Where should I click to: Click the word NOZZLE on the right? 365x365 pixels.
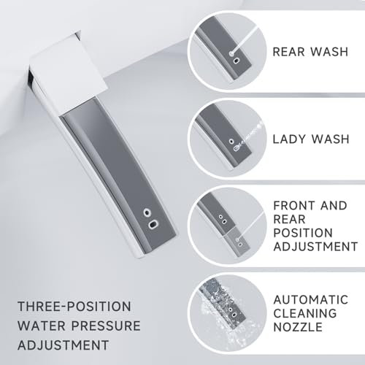[x=295, y=333]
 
